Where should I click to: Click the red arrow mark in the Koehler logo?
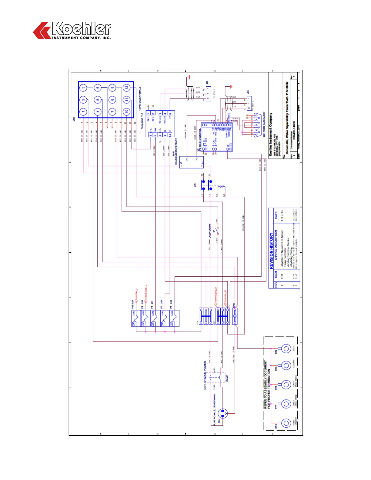click(x=42, y=30)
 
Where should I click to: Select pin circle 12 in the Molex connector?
click(x=127, y=88)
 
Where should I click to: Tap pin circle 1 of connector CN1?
click(x=83, y=112)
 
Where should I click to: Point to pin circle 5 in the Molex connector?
click(x=98, y=100)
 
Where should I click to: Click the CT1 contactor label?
click(x=195, y=185)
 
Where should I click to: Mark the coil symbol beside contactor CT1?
click(x=223, y=189)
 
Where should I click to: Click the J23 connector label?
click(x=248, y=92)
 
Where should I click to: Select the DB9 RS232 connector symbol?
click(x=257, y=125)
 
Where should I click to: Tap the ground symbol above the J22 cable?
click(x=189, y=77)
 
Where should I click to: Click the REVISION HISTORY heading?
click(x=271, y=251)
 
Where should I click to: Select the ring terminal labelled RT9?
click(x=286, y=349)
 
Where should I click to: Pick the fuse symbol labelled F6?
click(x=155, y=318)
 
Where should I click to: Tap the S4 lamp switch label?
click(x=214, y=231)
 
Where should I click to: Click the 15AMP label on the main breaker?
click(x=227, y=378)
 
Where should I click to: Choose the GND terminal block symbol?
click(x=235, y=316)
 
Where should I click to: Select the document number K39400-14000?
click(x=293, y=131)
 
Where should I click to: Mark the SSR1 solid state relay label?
click(x=173, y=154)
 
